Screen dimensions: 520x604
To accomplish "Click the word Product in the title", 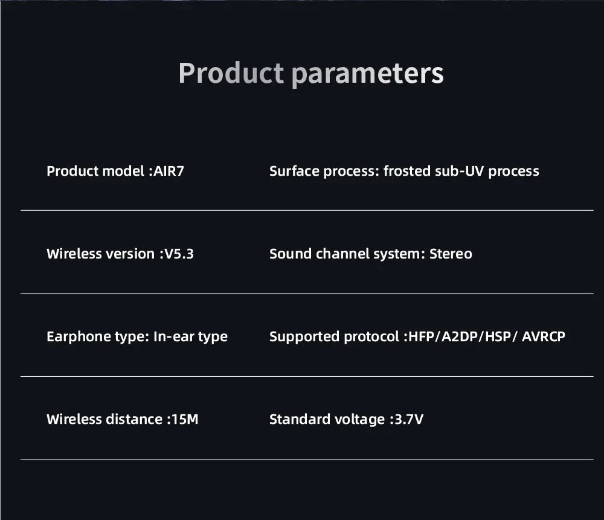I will coord(231,73).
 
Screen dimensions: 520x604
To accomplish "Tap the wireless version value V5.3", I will coord(179,254).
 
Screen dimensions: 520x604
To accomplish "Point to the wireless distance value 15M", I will coord(184,419).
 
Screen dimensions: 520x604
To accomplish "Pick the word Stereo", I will coord(451,254).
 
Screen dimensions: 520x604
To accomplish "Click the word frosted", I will coord(407,171).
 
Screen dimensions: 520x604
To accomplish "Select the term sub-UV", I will coord(460,171).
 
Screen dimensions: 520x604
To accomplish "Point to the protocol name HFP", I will coord(423,336).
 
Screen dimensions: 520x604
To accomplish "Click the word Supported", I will coord(304,336).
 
